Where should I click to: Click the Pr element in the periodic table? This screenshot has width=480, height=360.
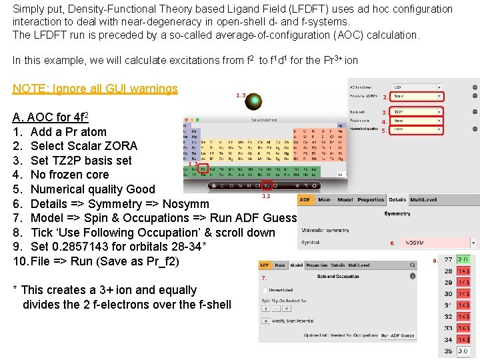pos(203,169)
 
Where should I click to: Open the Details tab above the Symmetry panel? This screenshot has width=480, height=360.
pos(397,199)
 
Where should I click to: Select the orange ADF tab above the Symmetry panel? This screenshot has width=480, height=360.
pos(305,199)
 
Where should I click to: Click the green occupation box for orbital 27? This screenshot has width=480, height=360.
pos(463,259)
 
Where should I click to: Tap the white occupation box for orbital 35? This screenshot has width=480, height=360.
pos(463,351)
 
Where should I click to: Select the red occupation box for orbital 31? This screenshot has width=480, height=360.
pos(463,305)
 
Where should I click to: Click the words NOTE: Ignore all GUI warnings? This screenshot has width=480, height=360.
pos(95,89)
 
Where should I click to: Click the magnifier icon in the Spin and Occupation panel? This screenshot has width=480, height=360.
pos(266,321)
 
